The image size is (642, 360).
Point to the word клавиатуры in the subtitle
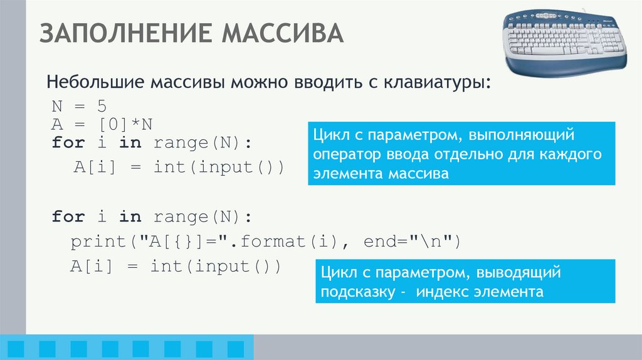436,82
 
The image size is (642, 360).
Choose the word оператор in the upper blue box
349,154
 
